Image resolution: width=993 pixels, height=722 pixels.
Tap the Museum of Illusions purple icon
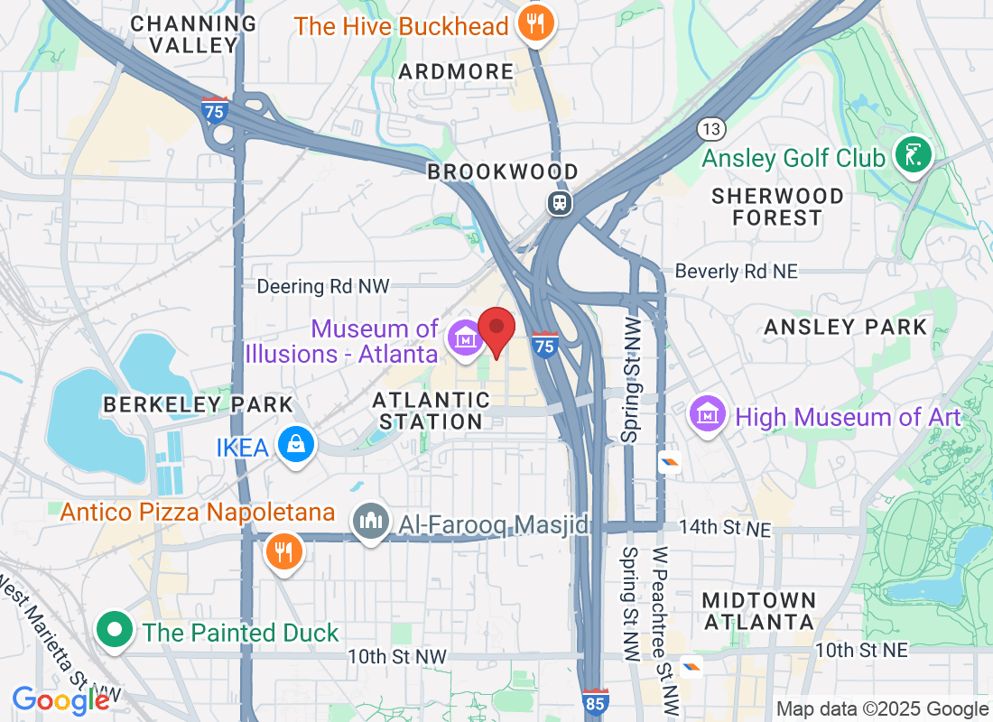tap(466, 339)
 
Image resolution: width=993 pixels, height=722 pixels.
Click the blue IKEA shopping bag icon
tap(295, 444)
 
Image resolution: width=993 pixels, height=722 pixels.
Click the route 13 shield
tap(711, 129)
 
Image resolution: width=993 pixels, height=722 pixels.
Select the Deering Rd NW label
tap(323, 286)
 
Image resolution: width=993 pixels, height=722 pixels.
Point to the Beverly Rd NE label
tap(737, 271)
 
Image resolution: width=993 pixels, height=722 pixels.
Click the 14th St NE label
tap(724, 529)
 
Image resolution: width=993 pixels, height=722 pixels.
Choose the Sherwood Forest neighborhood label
tap(776, 207)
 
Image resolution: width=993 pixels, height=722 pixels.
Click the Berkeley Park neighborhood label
tap(199, 404)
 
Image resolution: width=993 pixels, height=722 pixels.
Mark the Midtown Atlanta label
tap(758, 611)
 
